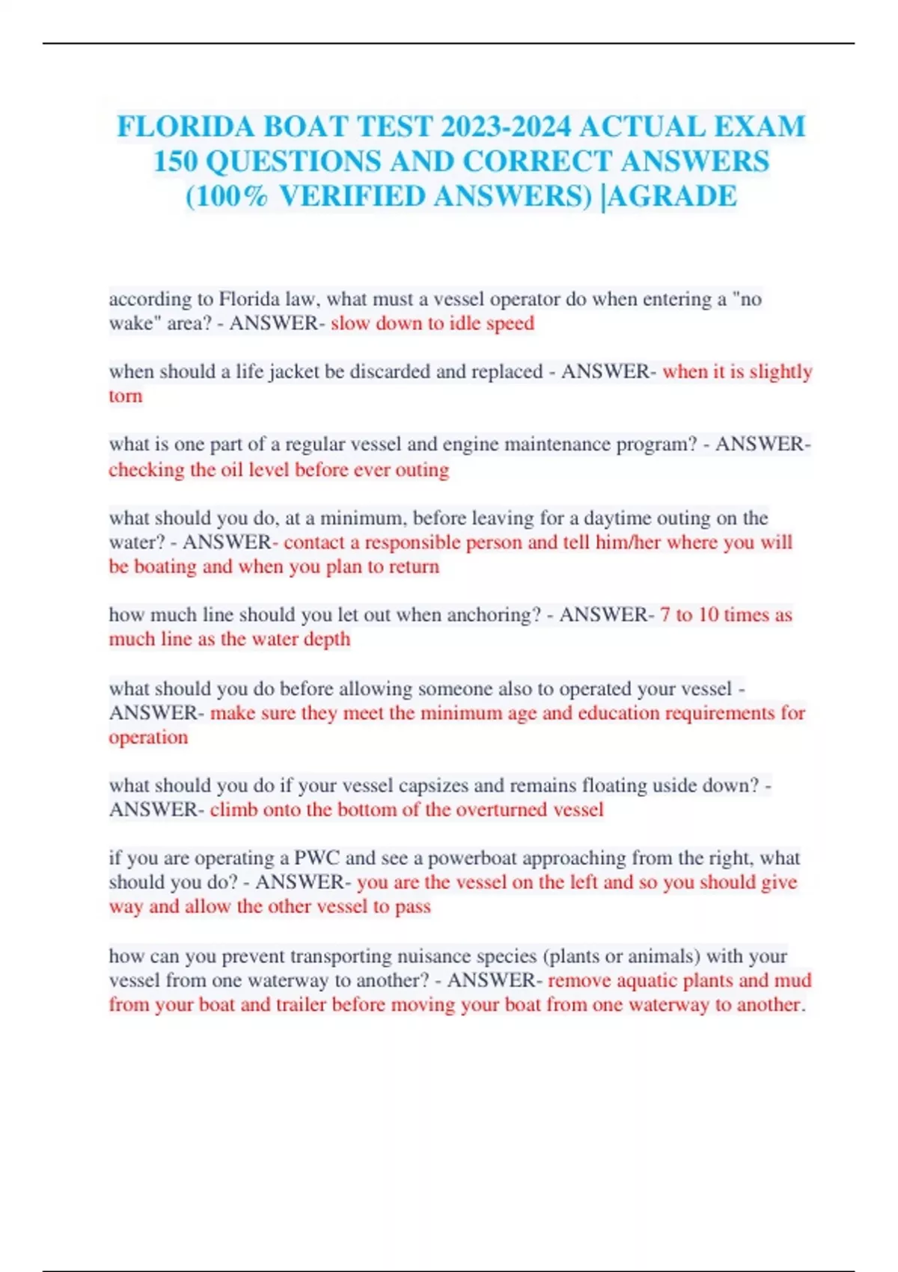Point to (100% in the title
coord(227,196)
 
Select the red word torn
coord(125,396)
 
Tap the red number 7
coord(665,615)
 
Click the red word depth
coord(328,639)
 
